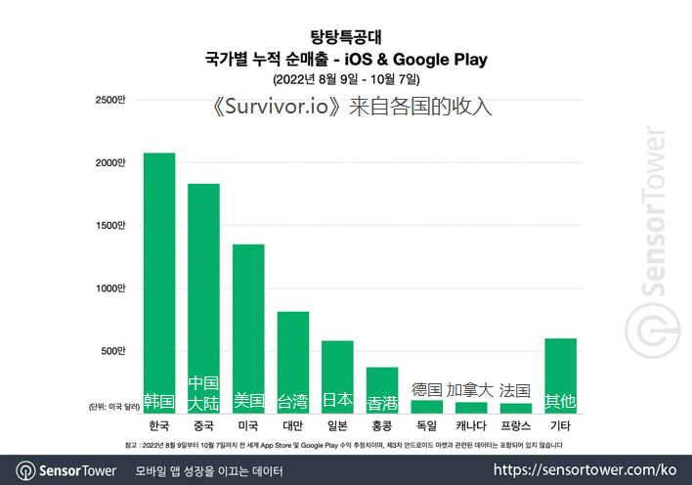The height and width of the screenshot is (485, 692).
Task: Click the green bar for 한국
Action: point(159,284)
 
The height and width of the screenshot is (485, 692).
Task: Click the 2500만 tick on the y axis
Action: point(110,100)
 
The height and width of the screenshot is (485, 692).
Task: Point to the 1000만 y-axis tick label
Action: point(110,288)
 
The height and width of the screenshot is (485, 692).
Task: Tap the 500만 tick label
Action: point(113,351)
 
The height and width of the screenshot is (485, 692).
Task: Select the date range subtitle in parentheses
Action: point(345,78)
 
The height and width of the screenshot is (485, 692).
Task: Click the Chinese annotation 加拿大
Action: point(471,389)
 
